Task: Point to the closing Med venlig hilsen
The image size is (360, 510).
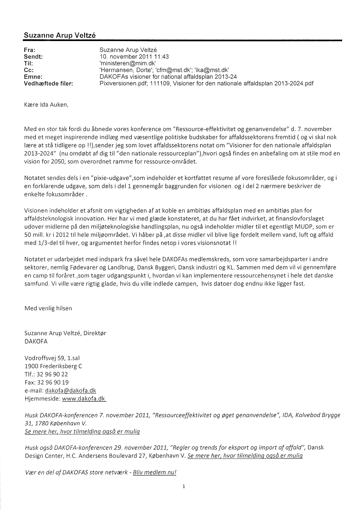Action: pyautogui.click(x=48, y=308)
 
